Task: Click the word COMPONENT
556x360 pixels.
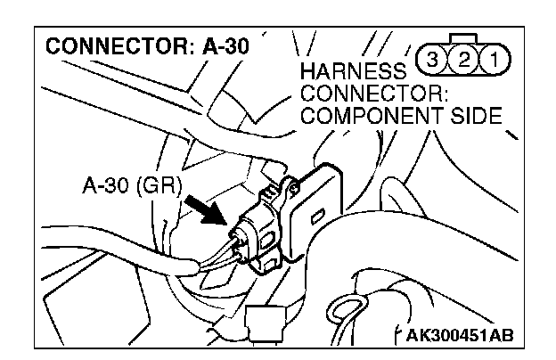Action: [x=365, y=115]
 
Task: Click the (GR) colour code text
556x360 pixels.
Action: [x=166, y=185]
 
